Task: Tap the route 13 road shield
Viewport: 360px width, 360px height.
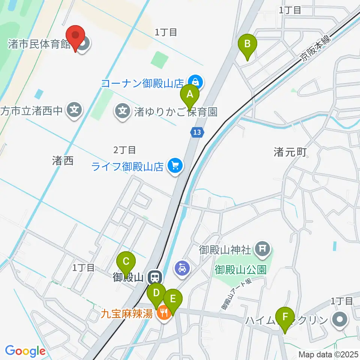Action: (198, 132)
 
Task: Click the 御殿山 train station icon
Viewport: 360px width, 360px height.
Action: (154, 277)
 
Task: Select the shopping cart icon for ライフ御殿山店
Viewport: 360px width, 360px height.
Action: (174, 165)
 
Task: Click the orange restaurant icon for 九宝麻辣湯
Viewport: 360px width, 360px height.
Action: (163, 312)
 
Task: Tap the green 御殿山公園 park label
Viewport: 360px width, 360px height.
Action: (240, 269)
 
